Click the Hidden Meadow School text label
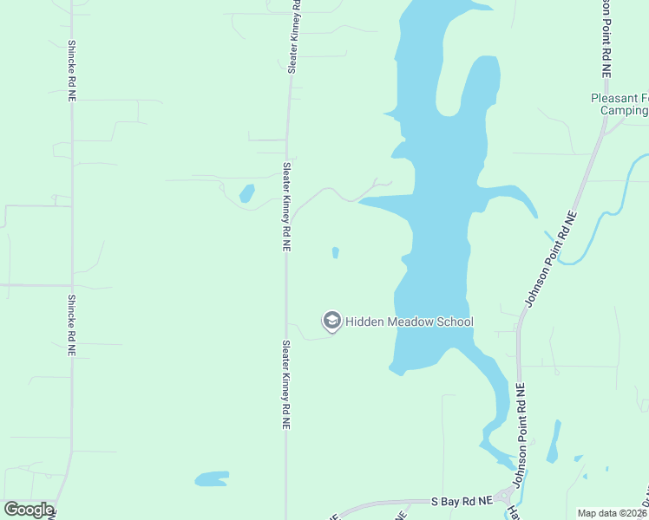pyautogui.click(x=410, y=322)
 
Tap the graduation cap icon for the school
pyautogui.click(x=331, y=322)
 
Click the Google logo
pyautogui.click(x=29, y=510)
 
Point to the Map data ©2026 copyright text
pyautogui.click(x=613, y=513)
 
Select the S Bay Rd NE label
pyautogui.click(x=462, y=501)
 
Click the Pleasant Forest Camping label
pyautogui.click(x=619, y=104)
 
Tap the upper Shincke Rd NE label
pyautogui.click(x=72, y=74)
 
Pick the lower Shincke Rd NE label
pyautogui.click(x=72, y=327)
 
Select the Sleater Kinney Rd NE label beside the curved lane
pyautogui.click(x=285, y=206)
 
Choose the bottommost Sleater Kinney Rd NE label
pyautogui.click(x=285, y=385)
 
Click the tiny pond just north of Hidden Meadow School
pyautogui.click(x=335, y=253)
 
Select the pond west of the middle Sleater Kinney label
pyautogui.click(x=246, y=193)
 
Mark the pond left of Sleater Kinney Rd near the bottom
pyautogui.click(x=211, y=478)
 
